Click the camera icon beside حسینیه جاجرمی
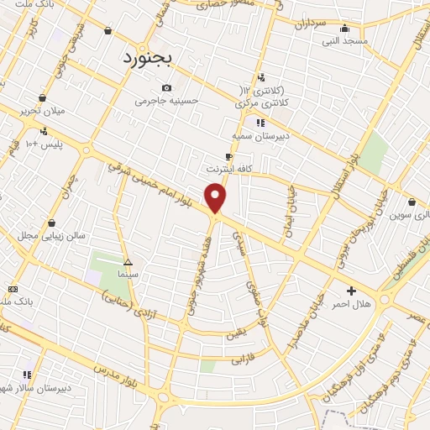click(x=166, y=88)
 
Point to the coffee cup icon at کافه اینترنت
click(x=228, y=156)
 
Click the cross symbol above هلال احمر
click(x=351, y=290)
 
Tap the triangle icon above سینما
click(x=128, y=261)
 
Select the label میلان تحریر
click(x=42, y=110)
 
